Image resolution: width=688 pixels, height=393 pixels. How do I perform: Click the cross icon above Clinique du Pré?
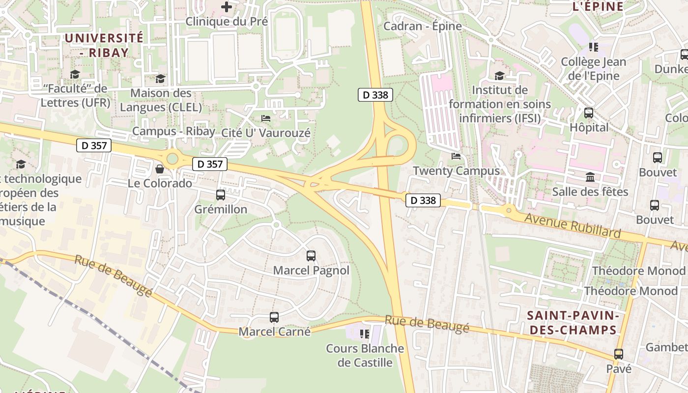coord(227,7)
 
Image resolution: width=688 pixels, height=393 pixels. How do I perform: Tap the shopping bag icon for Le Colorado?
coord(160,169)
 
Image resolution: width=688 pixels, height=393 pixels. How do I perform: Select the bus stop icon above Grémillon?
coord(221,195)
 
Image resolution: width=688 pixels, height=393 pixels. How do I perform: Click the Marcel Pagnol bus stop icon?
coord(311,256)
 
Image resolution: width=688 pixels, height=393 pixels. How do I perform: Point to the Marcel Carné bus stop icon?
coord(274,317)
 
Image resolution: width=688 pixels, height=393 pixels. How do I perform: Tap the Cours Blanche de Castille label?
coord(365,356)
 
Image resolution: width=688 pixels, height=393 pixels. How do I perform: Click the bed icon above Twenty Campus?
coord(456,156)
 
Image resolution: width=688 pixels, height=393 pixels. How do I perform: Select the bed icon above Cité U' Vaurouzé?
coord(266,118)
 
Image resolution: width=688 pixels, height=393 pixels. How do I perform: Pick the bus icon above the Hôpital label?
coord(589,113)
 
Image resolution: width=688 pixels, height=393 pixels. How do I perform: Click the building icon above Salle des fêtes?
coord(590,177)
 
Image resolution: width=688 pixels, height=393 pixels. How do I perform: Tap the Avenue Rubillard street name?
coord(573,225)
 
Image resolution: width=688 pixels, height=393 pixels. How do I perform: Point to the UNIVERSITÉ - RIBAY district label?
coord(104,45)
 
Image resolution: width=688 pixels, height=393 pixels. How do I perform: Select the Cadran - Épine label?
coord(423,26)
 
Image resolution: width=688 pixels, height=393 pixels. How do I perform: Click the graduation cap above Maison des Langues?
coord(160,79)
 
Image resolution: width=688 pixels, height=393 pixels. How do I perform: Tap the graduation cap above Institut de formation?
coord(499,76)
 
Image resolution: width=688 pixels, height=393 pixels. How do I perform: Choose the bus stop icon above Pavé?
coord(618,354)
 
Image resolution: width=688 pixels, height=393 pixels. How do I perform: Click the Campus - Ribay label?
coord(173,131)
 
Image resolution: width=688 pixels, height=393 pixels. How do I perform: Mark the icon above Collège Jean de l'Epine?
coord(593,47)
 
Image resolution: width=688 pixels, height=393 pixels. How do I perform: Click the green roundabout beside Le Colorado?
coord(172,159)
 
